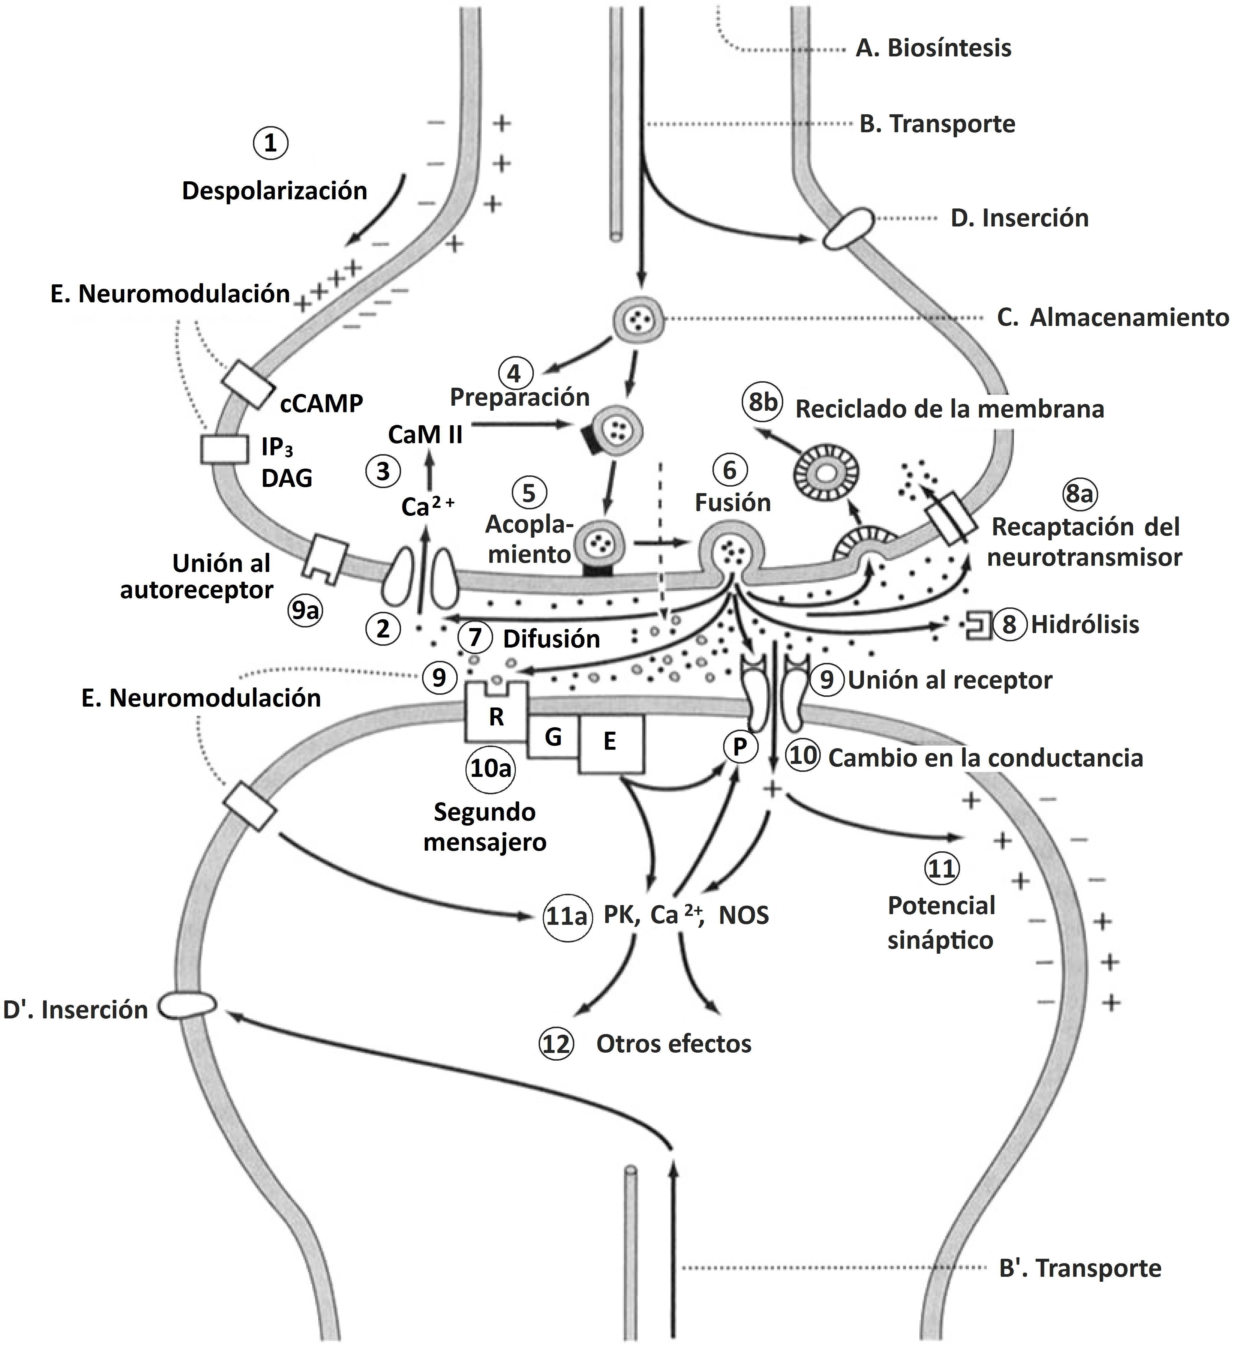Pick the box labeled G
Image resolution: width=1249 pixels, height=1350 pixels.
(x=553, y=738)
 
